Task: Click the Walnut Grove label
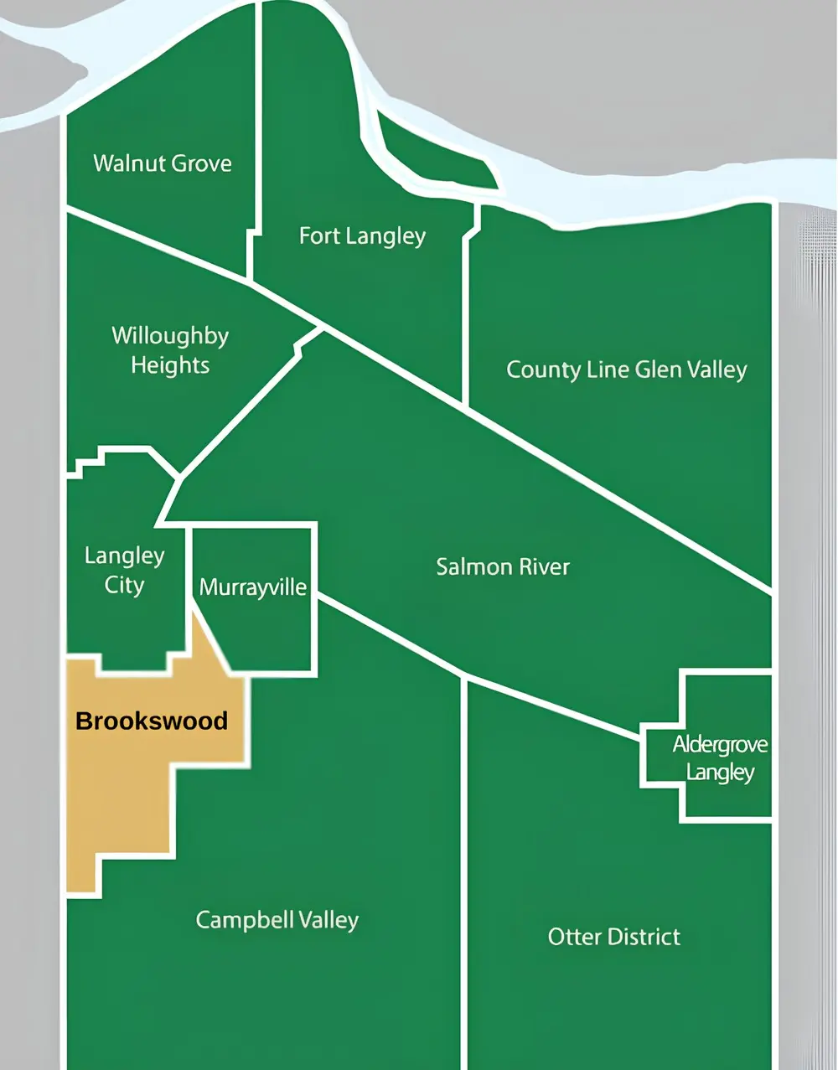click(x=163, y=163)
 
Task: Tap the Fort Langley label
click(x=362, y=236)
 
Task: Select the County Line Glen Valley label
click(x=626, y=370)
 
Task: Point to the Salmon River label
click(x=502, y=567)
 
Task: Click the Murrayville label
click(x=253, y=587)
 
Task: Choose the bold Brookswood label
click(x=152, y=721)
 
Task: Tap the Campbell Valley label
click(x=277, y=920)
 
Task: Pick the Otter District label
click(x=613, y=937)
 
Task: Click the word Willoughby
click(x=170, y=336)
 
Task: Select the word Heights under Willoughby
click(x=170, y=365)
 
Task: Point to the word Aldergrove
click(x=720, y=744)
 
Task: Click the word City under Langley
click(x=124, y=585)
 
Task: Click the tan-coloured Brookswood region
click(x=126, y=796)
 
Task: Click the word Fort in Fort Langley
click(x=318, y=236)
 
